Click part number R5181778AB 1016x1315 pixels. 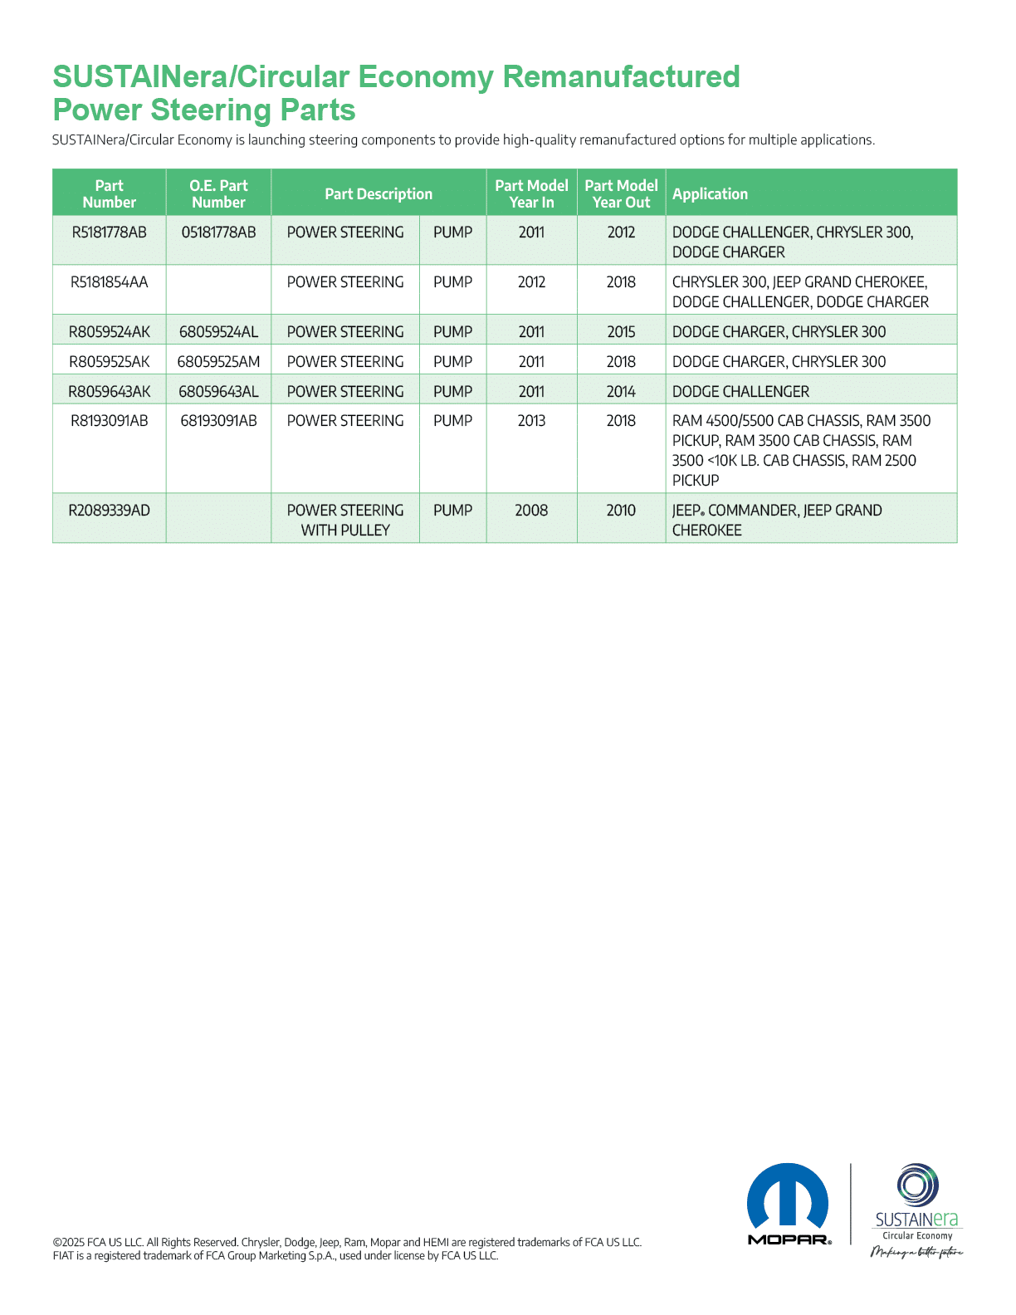[109, 232]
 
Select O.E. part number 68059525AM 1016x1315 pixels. [218, 362]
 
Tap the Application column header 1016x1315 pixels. [710, 194]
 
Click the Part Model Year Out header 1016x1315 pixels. [621, 194]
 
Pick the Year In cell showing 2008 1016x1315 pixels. [531, 511]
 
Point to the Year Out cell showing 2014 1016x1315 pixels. [621, 392]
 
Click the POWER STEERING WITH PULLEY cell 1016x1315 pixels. [345, 520]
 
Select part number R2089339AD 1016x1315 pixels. [109, 511]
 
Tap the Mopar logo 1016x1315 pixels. [789, 1204]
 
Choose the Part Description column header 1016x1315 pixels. [379, 194]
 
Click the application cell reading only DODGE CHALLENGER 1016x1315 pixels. [740, 392]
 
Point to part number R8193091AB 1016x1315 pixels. [109, 421]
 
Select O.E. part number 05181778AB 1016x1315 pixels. [218, 232]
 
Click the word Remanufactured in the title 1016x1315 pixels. [621, 76]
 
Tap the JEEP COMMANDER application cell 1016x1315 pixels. [777, 520]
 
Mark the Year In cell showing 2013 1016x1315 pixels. [531, 421]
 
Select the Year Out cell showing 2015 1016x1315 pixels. [621, 332]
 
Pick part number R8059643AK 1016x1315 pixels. [109, 392]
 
